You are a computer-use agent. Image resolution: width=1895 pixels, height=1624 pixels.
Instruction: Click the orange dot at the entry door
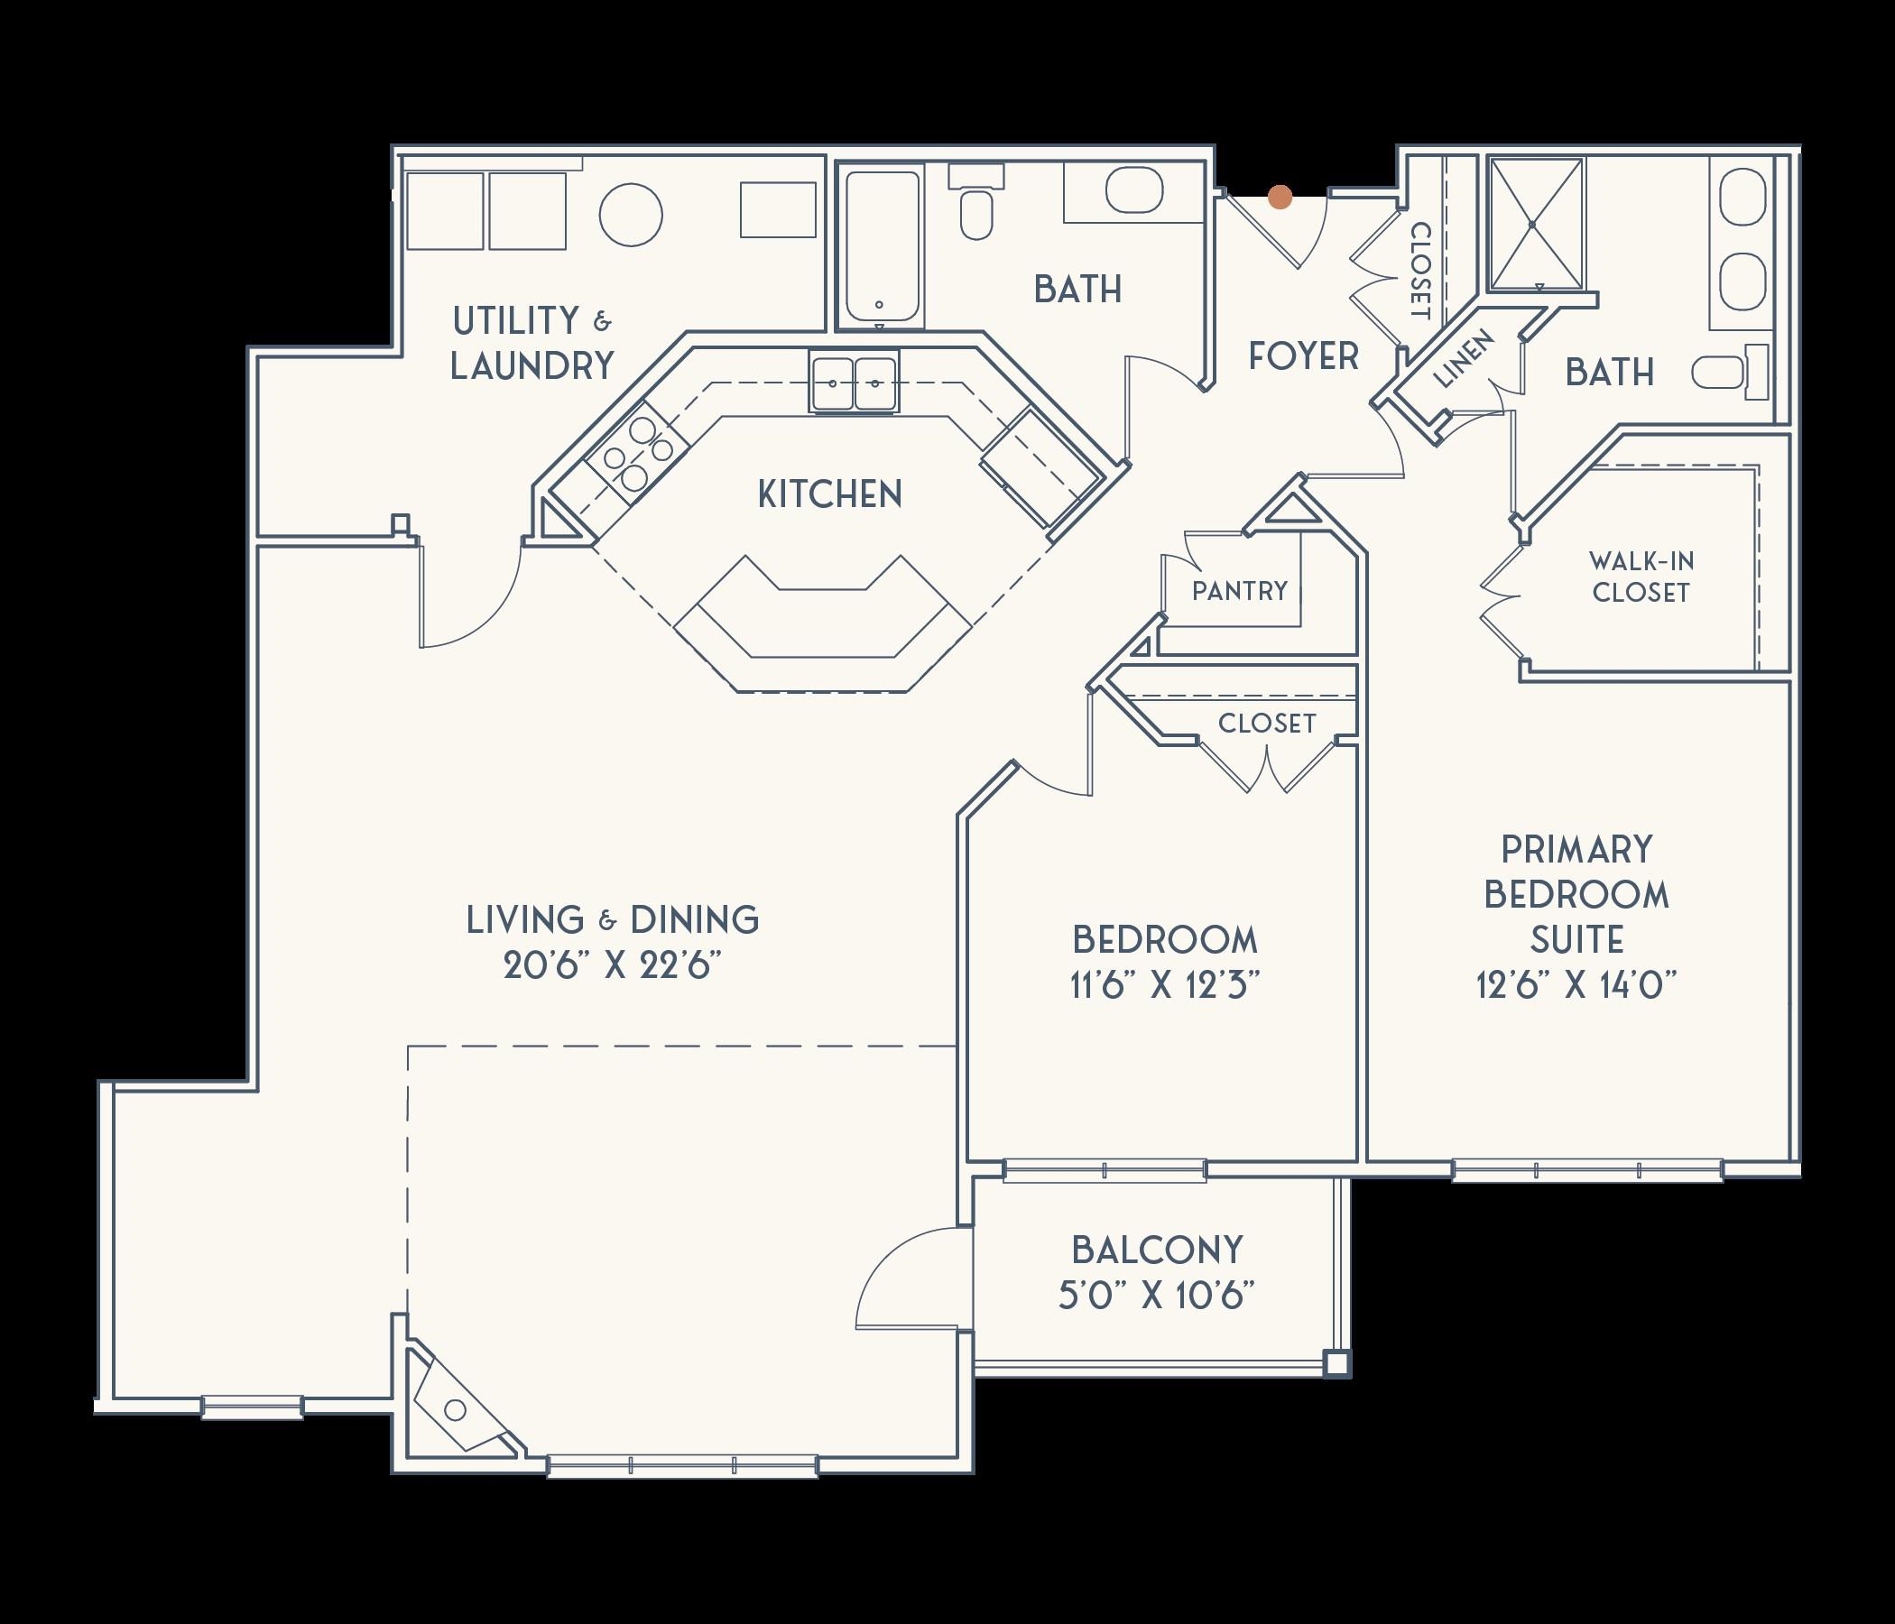tap(1280, 197)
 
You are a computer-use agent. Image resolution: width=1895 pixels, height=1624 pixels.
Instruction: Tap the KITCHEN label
tap(829, 494)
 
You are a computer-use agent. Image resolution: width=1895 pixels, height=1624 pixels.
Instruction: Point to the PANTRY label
tap(1239, 591)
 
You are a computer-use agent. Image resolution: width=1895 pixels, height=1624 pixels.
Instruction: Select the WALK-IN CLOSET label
tap(1640, 577)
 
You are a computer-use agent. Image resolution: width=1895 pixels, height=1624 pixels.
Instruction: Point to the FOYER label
tap(1303, 355)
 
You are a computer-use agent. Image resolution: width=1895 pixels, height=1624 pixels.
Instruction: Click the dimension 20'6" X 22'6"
tap(607, 966)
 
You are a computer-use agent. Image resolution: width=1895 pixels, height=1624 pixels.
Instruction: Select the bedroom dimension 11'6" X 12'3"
tap(1165, 985)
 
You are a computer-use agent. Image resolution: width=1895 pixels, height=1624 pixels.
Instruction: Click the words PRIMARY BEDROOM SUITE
tap(1576, 894)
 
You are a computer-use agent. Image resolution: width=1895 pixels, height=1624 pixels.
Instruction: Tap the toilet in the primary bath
tap(1729, 372)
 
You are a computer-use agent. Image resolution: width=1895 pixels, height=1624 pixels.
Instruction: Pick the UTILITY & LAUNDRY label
tap(532, 343)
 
